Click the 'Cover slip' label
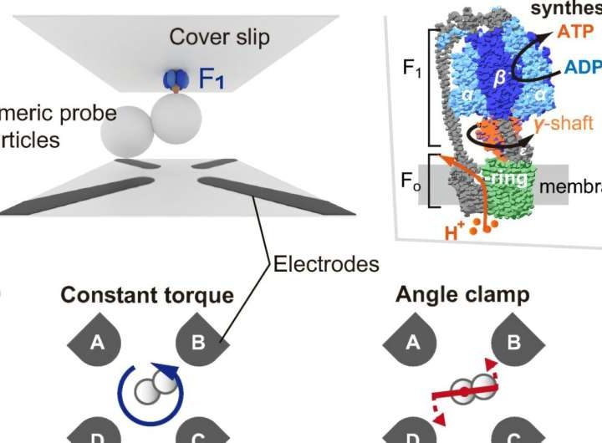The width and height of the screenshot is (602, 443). (x=218, y=37)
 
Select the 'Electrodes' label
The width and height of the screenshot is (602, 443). (x=326, y=264)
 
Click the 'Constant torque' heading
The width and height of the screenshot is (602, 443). (x=147, y=296)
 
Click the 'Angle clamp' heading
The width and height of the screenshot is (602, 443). (x=462, y=296)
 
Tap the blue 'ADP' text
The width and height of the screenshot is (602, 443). (x=583, y=67)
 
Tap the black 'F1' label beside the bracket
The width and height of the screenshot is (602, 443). (x=412, y=69)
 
